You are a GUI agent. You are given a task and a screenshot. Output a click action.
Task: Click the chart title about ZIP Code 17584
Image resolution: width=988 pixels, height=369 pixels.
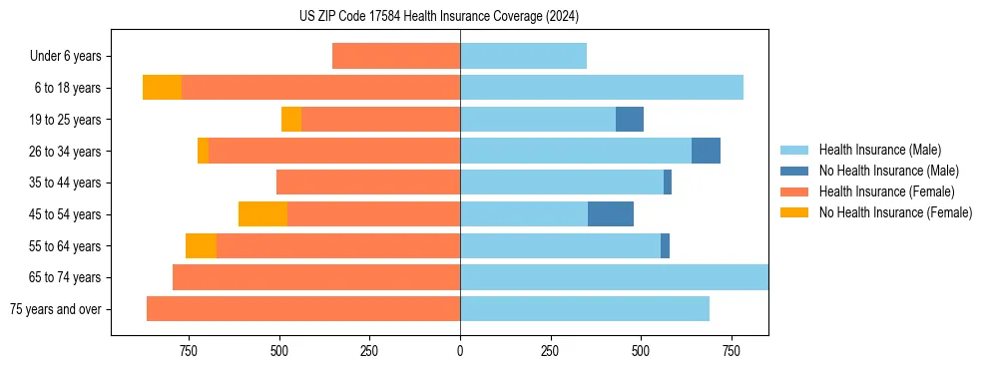click(439, 17)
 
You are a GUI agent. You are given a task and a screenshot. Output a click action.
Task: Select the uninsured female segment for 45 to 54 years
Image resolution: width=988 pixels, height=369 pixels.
click(262, 214)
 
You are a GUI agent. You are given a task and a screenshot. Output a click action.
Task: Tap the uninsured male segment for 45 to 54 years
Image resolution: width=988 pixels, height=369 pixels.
click(611, 214)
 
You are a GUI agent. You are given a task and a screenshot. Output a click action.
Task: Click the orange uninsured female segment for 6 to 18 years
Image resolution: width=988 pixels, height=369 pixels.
click(162, 88)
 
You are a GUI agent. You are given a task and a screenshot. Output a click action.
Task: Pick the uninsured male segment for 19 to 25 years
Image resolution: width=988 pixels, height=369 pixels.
click(630, 120)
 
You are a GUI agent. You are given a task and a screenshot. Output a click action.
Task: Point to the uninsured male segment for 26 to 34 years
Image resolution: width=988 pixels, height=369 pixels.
click(706, 151)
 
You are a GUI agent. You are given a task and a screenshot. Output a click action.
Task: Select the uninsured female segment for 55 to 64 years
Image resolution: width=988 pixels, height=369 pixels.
click(201, 246)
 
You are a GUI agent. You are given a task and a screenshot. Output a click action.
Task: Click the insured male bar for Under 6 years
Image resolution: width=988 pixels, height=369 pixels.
click(523, 56)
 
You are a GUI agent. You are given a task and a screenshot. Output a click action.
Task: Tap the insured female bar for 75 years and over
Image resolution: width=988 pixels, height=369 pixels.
click(303, 309)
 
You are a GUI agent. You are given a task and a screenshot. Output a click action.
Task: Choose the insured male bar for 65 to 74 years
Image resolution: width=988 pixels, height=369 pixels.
click(614, 277)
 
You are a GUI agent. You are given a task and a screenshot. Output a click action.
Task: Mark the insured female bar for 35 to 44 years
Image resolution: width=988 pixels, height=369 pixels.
click(368, 183)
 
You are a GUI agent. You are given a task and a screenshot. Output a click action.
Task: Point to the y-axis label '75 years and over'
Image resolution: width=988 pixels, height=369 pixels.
click(55, 309)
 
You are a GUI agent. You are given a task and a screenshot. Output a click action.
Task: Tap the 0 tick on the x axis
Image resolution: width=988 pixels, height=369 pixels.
click(460, 351)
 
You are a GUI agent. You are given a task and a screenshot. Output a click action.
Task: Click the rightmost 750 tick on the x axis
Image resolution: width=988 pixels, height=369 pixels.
click(731, 351)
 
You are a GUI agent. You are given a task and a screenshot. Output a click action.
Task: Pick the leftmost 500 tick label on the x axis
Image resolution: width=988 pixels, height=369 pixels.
click(278, 351)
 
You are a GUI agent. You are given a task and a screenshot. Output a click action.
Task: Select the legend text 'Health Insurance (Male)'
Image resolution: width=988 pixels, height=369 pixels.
click(879, 150)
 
